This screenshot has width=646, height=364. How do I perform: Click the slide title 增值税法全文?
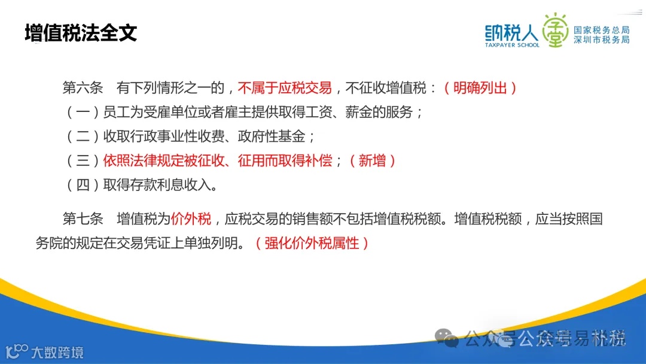(81, 33)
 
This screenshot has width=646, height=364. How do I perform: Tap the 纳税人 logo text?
(511, 31)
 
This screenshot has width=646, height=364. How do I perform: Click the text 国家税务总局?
(601, 30)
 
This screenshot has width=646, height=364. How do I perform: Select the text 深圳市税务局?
(601, 40)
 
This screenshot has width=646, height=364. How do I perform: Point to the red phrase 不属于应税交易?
(285, 88)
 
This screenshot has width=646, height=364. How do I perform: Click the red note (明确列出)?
(480, 88)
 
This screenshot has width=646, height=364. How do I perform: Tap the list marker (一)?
(83, 112)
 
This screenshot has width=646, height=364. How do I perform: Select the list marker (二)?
(83, 136)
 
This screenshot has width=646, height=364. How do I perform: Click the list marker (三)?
(83, 160)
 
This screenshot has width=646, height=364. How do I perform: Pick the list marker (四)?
(83, 184)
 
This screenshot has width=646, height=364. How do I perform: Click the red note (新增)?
(372, 160)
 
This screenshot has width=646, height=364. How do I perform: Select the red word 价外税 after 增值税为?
(191, 219)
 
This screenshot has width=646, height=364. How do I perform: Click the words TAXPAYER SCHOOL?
(512, 45)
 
